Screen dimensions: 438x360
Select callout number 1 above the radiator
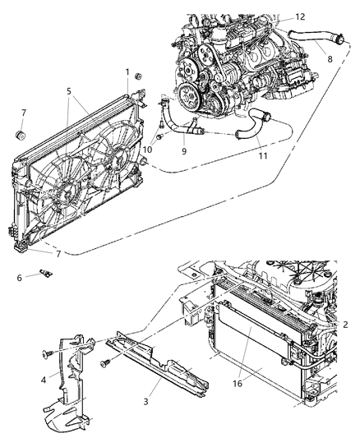pyautogui.click(x=127, y=71)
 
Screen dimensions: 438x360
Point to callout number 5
pyautogui.click(x=70, y=91)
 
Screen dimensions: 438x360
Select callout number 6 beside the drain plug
pyautogui.click(x=19, y=278)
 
